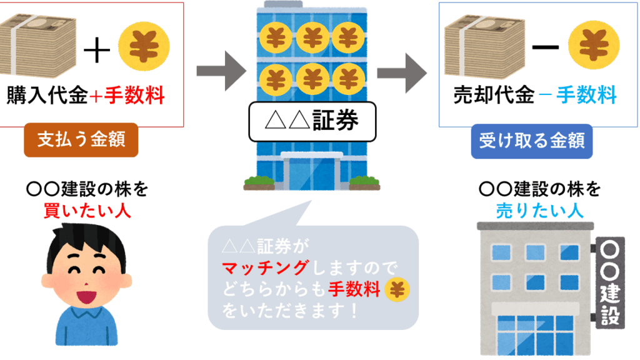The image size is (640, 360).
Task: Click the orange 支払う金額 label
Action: (x=81, y=139)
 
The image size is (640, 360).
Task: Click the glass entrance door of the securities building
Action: (x=312, y=172)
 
